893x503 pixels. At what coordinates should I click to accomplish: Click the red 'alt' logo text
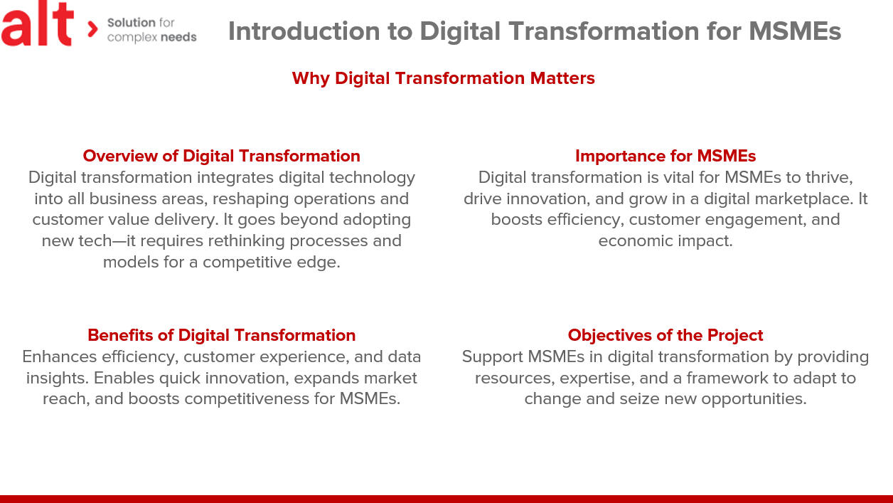point(37,24)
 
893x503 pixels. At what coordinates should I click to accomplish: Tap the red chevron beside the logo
point(92,29)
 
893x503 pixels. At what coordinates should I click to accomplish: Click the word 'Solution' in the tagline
point(131,22)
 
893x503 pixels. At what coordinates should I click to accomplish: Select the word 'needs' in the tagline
point(178,37)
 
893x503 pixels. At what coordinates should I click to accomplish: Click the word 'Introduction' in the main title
point(304,31)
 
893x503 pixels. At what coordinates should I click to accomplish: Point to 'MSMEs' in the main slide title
point(795,31)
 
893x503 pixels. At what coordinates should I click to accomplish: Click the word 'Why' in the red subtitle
point(311,78)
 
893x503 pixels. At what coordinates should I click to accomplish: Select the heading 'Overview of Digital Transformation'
point(221,156)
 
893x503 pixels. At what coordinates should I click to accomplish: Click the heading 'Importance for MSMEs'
point(665,156)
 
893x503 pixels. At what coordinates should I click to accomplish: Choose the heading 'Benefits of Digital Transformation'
point(221,335)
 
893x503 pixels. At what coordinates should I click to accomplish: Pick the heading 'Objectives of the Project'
point(665,336)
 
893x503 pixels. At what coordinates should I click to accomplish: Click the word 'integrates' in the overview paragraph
point(235,178)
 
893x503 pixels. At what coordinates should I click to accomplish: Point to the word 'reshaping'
point(251,199)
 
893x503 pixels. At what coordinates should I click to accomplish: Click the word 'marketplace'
point(804,199)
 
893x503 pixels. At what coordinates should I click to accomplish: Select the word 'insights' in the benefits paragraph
point(57,378)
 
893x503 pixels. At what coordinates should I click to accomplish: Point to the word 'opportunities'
point(754,399)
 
